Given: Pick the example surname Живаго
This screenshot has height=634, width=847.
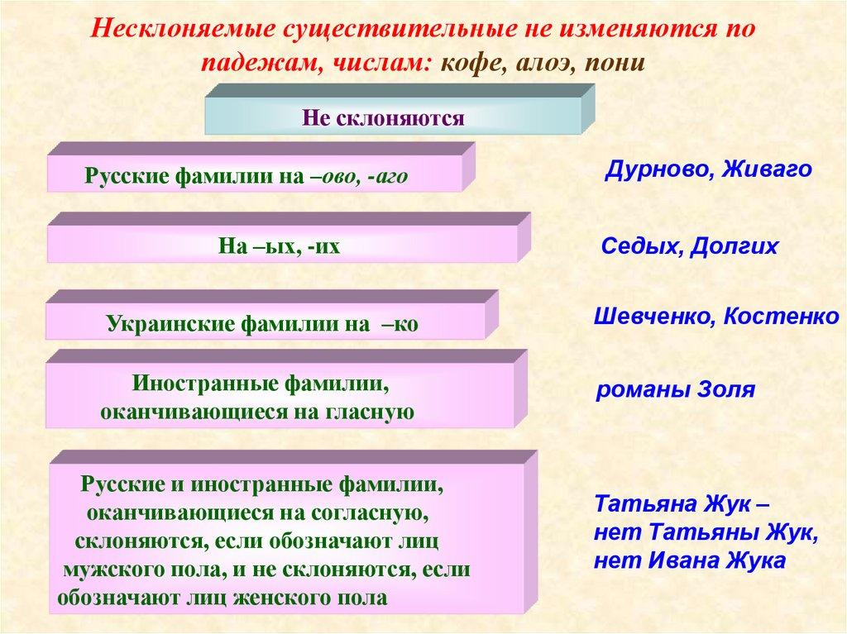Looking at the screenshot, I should (767, 170).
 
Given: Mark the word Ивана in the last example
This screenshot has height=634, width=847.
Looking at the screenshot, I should (677, 560).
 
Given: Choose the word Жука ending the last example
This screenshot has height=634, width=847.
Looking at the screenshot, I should (754, 560).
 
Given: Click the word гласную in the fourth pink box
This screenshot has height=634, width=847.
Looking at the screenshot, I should (371, 411).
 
